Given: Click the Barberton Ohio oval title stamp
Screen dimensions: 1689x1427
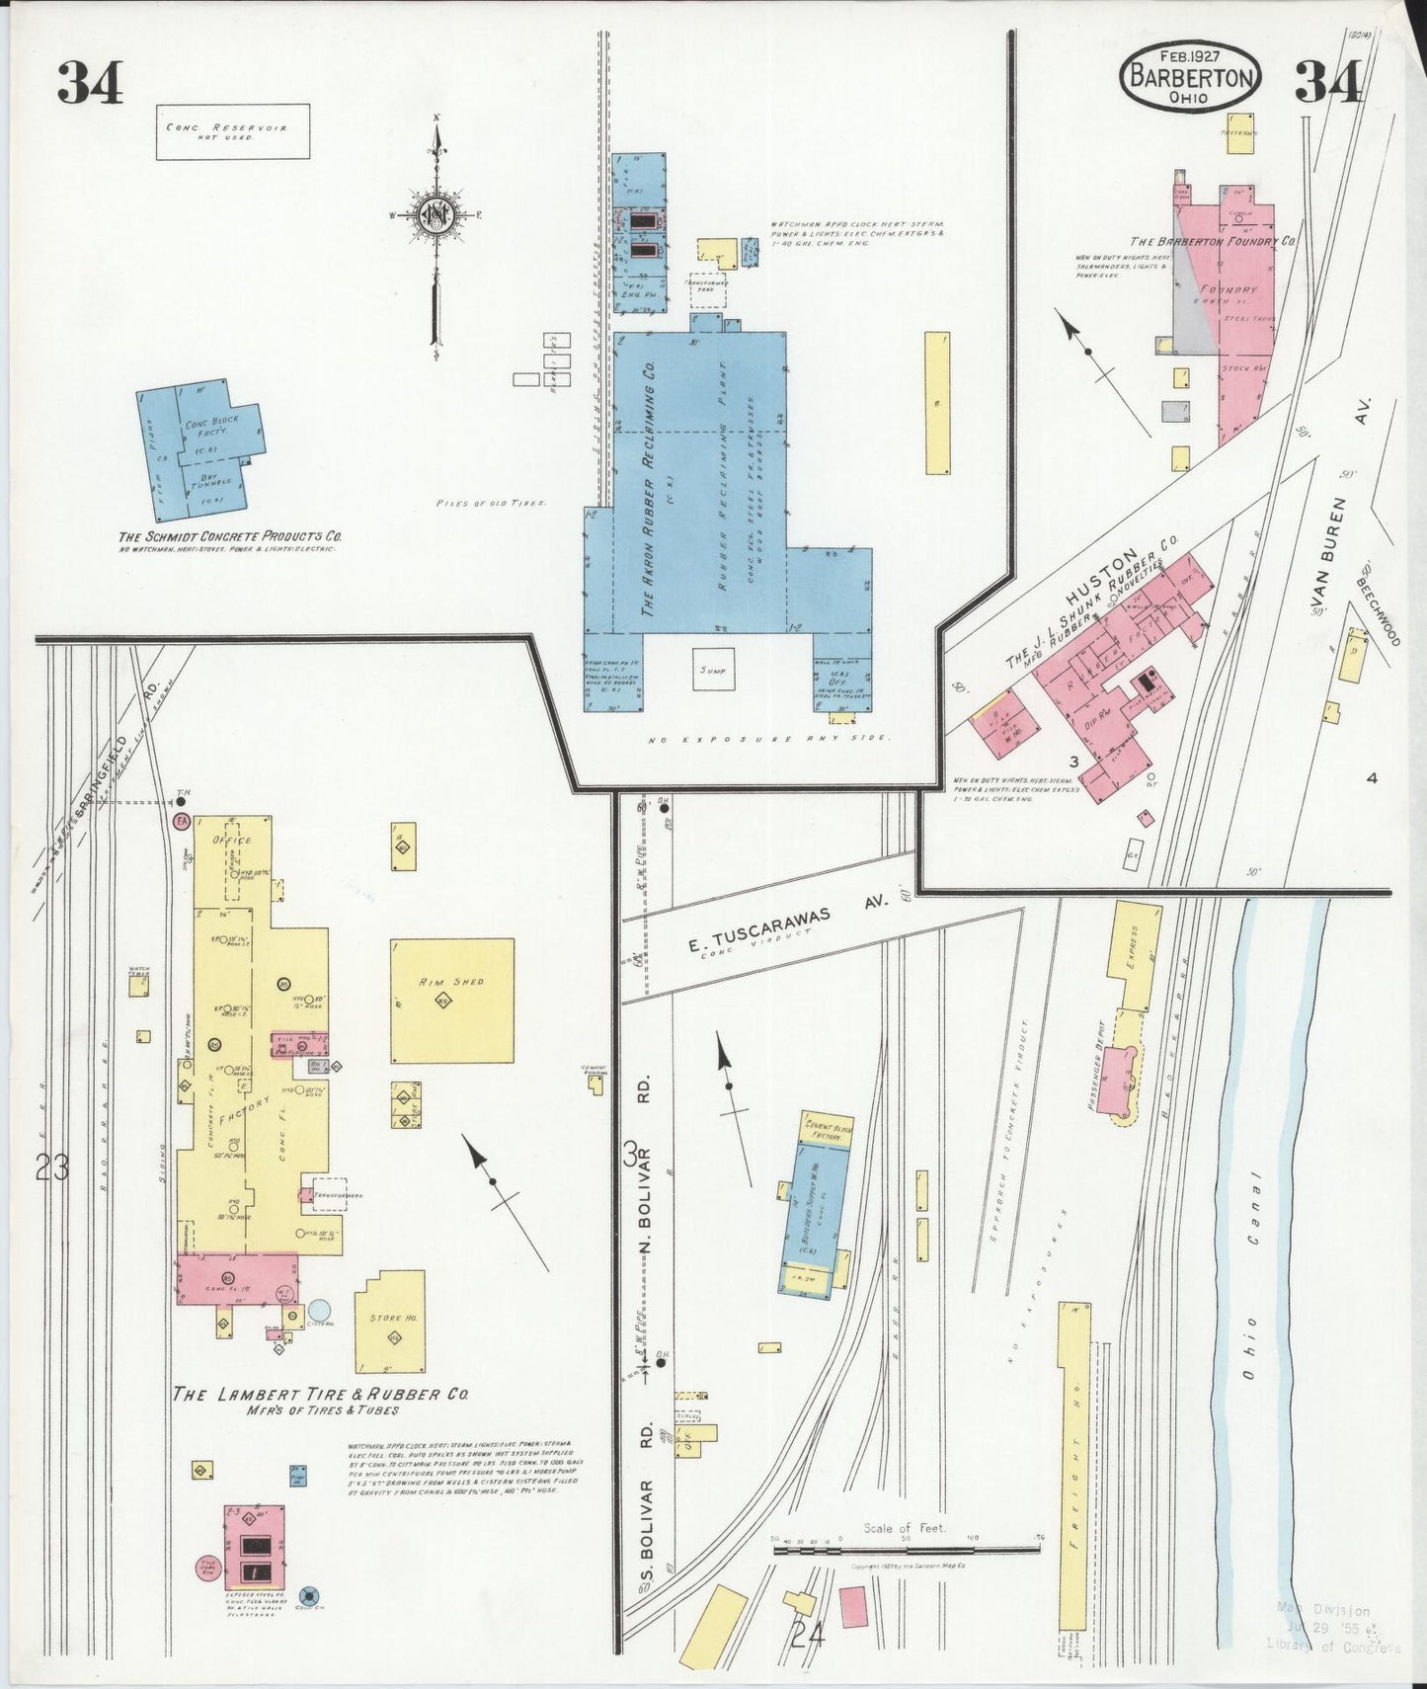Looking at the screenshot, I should pyautogui.click(x=1191, y=77).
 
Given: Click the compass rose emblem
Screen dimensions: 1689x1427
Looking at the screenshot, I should pyautogui.click(x=434, y=219).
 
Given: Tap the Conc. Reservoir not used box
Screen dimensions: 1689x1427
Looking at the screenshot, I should pyautogui.click(x=232, y=132).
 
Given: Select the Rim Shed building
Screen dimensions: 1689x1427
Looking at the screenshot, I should pyautogui.click(x=452, y=999).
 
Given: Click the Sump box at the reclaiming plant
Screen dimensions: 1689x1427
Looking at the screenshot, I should pyautogui.click(x=714, y=671).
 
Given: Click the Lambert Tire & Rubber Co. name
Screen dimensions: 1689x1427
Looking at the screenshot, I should pyautogui.click(x=320, y=1395).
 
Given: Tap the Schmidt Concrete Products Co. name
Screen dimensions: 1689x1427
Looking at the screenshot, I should pyautogui.click(x=230, y=536).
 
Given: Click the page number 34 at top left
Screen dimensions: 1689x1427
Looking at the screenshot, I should pyautogui.click(x=90, y=82).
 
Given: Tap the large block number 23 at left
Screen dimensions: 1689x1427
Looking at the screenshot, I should pyautogui.click(x=51, y=1168).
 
